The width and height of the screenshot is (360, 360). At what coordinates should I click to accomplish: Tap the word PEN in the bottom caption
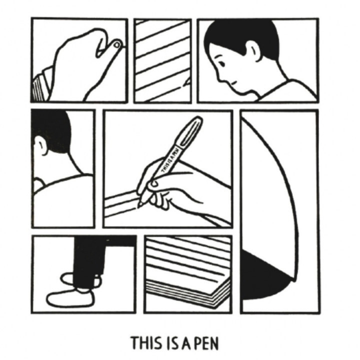click(x=206, y=343)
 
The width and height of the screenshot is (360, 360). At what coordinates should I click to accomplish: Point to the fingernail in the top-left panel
click(x=117, y=44)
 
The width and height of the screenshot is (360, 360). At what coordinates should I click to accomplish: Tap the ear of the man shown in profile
click(x=253, y=51)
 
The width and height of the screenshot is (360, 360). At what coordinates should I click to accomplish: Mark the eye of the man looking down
click(x=221, y=62)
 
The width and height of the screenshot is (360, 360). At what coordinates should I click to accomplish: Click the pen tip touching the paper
click(x=139, y=205)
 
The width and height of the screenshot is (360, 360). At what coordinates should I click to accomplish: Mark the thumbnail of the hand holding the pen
click(x=154, y=183)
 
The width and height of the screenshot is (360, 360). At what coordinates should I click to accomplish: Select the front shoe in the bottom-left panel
click(x=70, y=298)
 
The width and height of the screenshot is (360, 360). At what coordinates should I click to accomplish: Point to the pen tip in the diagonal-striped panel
click(x=187, y=82)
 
